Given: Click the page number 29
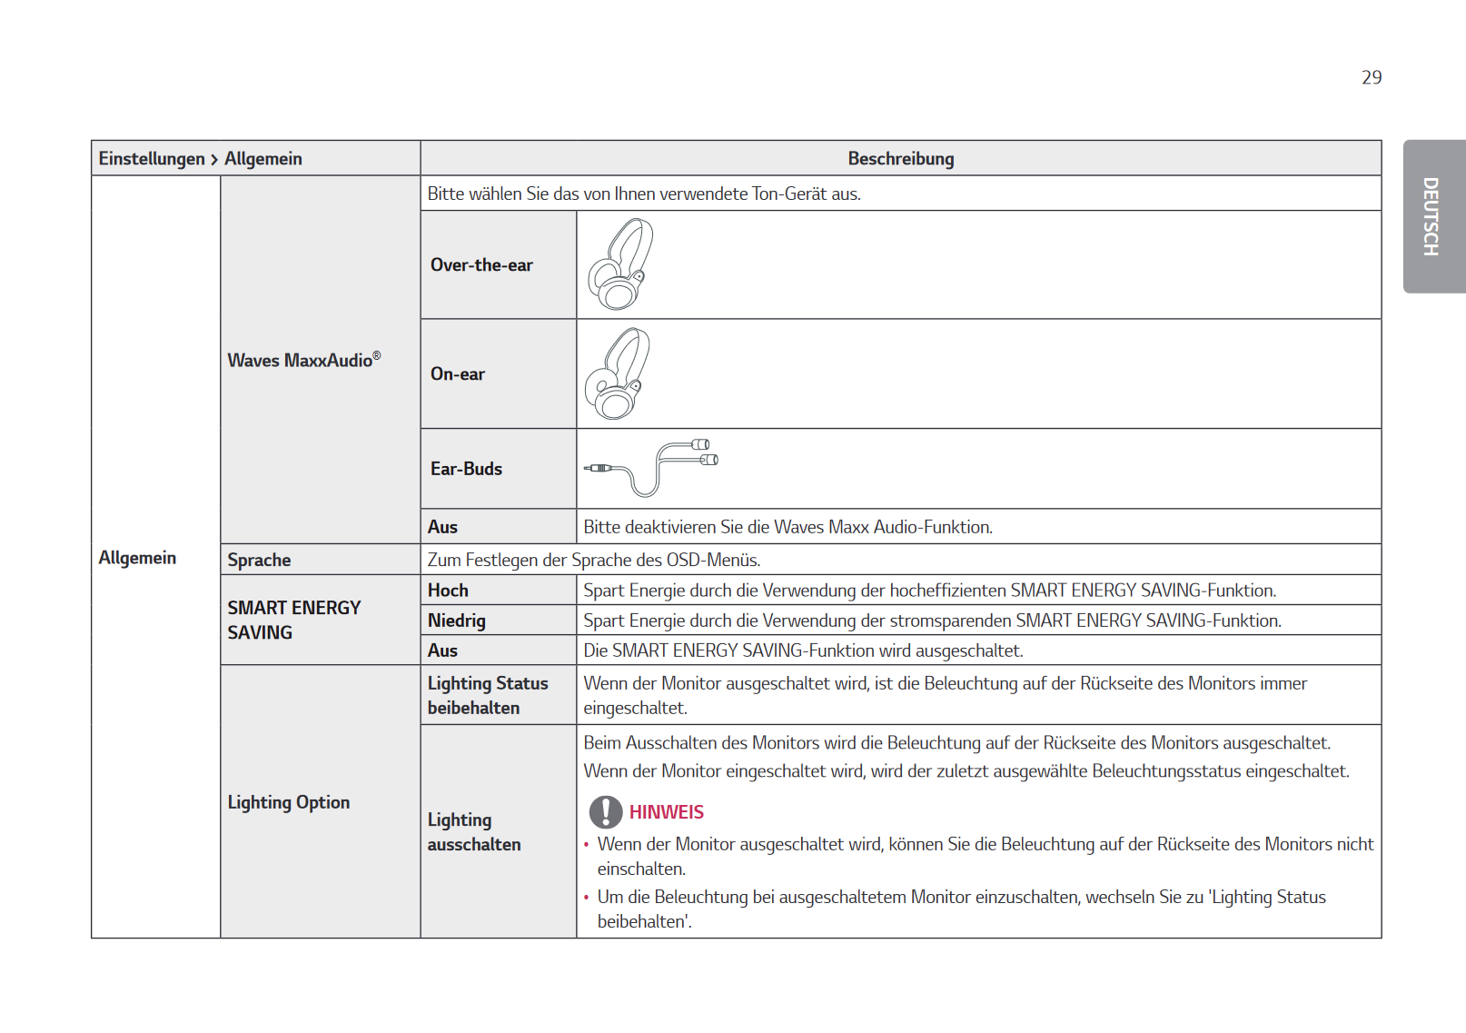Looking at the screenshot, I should (1371, 78).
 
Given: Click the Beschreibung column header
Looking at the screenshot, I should (900, 159).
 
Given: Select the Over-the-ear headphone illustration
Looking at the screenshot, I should (619, 264).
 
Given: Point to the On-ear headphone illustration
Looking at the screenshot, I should (618, 374).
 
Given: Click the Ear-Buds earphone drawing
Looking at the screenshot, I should (651, 467).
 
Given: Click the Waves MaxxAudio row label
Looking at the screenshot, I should (303, 361).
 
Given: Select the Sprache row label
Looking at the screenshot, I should (260, 560).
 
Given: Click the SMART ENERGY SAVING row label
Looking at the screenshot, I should (293, 620).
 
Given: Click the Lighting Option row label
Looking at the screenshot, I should (289, 802).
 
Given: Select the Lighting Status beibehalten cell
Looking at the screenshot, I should (488, 695).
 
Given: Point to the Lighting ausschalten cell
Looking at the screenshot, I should (474, 831).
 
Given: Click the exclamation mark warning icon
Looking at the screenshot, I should (606, 812).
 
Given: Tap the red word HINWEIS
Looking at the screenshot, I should (667, 812).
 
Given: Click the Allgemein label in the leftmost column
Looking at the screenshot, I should (137, 558).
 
